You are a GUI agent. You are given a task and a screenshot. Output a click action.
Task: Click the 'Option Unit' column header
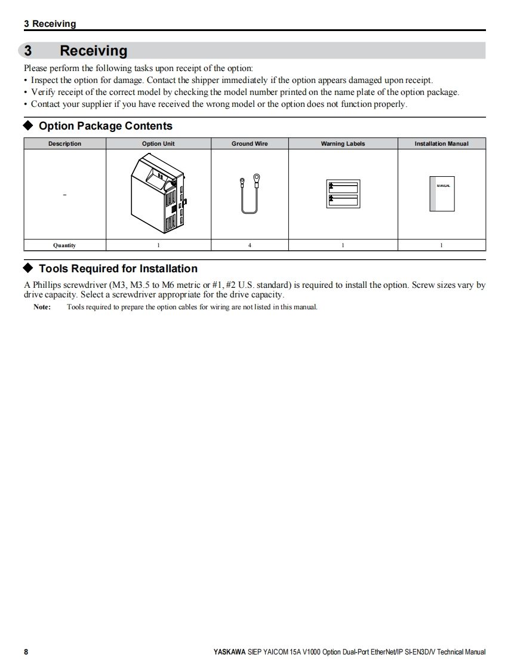click(158, 144)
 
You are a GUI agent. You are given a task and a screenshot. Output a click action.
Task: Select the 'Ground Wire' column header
click(250, 144)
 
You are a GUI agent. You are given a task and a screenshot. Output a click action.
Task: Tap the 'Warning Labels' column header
click(343, 144)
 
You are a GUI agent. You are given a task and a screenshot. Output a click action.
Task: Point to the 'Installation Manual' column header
click(441, 144)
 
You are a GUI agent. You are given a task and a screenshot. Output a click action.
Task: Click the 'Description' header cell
click(64, 144)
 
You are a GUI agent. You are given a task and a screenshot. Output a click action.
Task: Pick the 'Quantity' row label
click(64, 245)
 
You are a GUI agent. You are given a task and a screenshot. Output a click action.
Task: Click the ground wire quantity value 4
click(250, 245)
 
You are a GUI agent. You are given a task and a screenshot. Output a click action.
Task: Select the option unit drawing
click(158, 194)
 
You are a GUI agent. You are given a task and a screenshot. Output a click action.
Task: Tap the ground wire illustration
click(250, 193)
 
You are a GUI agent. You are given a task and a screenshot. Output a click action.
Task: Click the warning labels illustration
click(343, 193)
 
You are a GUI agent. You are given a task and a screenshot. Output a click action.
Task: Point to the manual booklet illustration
click(442, 193)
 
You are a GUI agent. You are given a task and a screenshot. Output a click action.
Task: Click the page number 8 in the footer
click(26, 652)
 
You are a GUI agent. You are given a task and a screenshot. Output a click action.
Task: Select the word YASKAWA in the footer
click(229, 652)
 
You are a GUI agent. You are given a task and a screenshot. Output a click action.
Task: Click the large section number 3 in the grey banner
click(28, 51)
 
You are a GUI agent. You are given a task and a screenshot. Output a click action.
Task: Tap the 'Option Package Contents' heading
click(105, 126)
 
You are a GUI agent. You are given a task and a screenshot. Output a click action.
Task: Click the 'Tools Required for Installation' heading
click(118, 269)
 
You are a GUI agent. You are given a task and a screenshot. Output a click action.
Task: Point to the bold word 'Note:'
click(42, 307)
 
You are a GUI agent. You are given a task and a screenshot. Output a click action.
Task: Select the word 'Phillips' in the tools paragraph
click(47, 285)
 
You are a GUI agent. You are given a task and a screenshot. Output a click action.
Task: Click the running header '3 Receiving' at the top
click(50, 24)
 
